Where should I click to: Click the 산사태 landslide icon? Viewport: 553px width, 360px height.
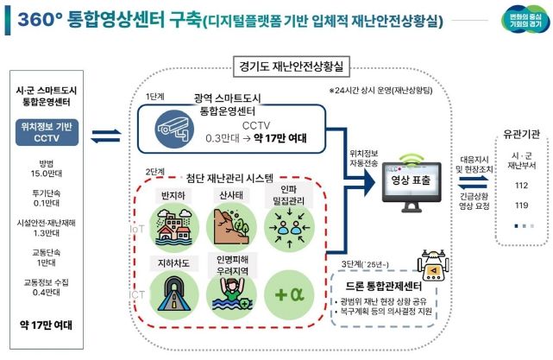pos(229,221)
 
